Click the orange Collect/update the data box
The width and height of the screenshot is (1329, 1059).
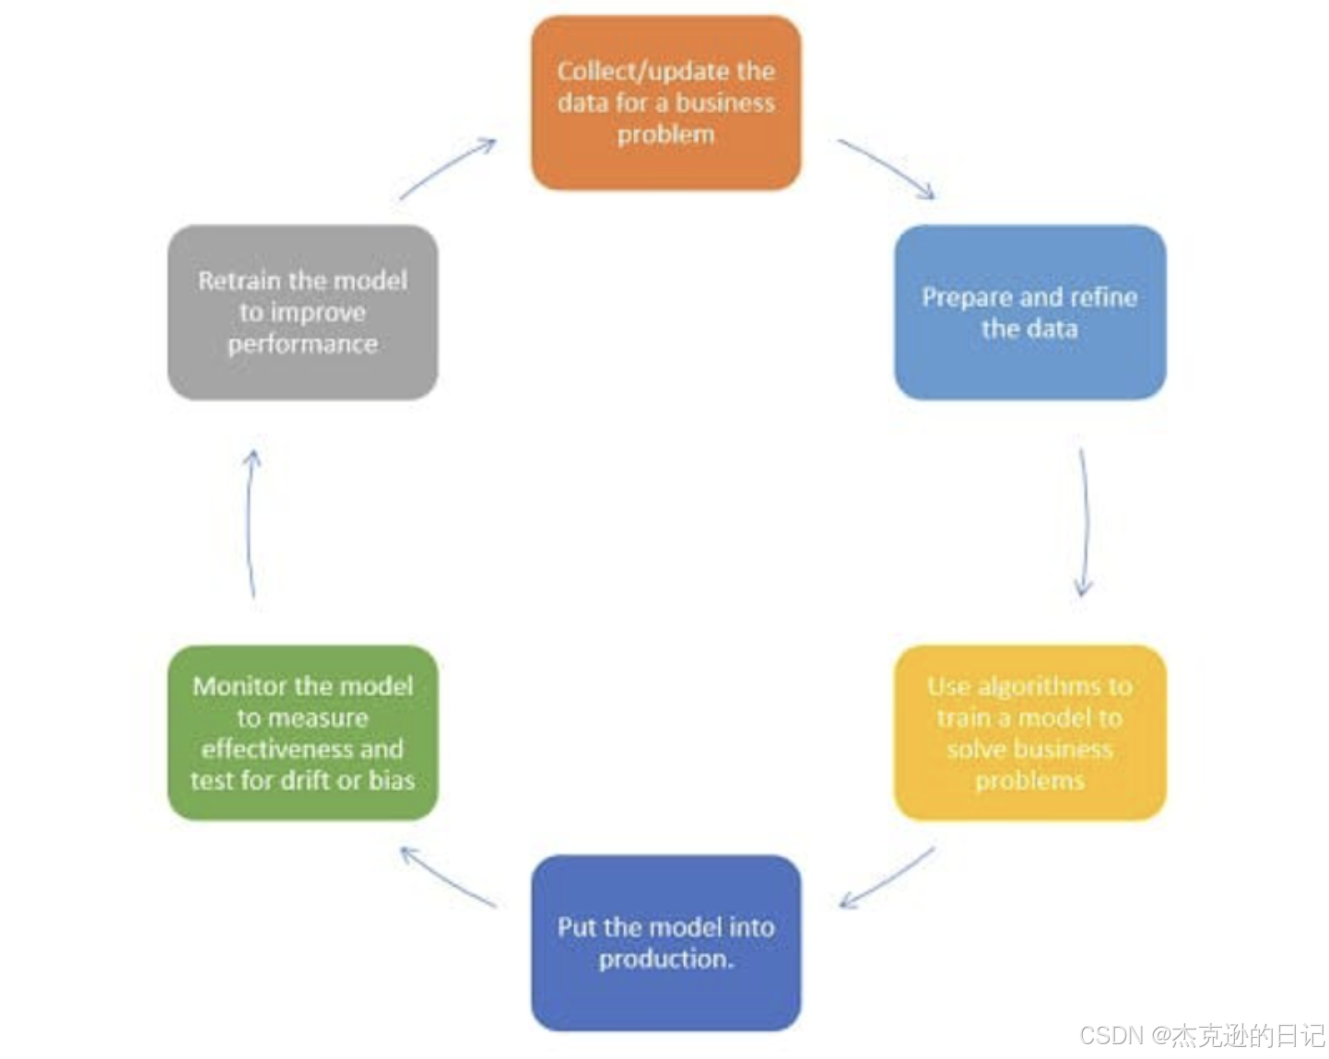[x=665, y=102]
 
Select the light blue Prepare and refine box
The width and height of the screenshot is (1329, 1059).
[x=1029, y=312]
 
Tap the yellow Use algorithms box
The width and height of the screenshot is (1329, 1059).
[x=1029, y=732]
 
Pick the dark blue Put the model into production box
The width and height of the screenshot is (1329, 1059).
[x=665, y=942]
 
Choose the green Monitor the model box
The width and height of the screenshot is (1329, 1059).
[x=302, y=732]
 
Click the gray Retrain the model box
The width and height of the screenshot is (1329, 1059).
[x=302, y=312]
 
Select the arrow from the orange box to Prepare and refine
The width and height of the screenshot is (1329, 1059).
[x=887, y=168]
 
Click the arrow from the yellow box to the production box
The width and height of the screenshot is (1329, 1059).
[x=887, y=878]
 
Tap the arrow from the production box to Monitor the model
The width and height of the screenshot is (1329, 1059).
[x=448, y=877]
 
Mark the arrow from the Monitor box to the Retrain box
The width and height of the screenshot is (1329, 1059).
[x=251, y=523]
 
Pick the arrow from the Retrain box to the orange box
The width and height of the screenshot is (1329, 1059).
[x=448, y=168]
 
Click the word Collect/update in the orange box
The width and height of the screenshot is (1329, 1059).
[x=616, y=71]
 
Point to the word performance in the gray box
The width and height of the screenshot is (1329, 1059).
[x=302, y=343]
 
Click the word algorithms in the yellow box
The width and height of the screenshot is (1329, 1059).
[x=1040, y=686]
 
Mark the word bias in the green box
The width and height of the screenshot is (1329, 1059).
[x=392, y=780]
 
